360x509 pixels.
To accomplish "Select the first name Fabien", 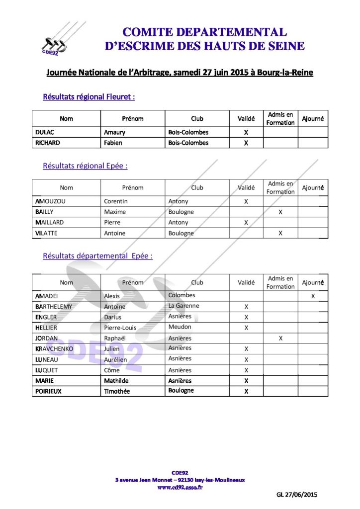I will pos(113,143).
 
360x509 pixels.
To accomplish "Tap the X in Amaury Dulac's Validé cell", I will pos(246,133).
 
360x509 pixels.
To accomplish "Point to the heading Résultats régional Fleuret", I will pos(89,97).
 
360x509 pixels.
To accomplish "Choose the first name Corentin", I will pos(115,201).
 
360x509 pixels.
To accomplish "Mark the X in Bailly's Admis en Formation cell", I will pos(280,212).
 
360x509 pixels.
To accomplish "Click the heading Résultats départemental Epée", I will pos(97,256).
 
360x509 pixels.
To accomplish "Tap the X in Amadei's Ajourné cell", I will pos(313,296).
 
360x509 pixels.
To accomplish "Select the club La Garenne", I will pos(183,306).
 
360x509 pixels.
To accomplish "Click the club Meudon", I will pos(180,327).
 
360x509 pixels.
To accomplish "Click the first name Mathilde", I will pos(116,381).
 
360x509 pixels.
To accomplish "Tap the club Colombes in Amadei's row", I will pos(181,295).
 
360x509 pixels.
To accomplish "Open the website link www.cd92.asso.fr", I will pos(180,488).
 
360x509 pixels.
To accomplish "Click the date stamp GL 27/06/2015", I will pos(296,495).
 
